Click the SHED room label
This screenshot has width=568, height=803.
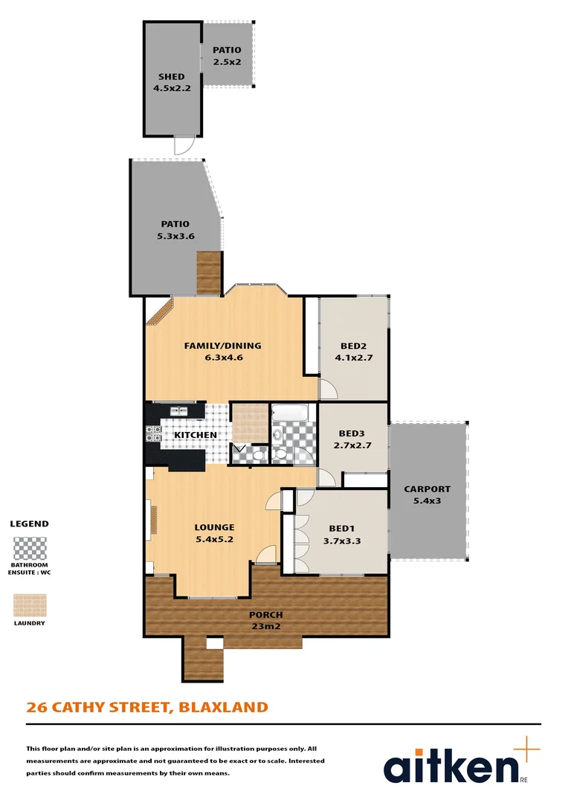(171, 77)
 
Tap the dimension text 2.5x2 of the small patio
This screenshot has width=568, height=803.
(227, 62)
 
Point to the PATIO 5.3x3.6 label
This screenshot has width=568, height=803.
(175, 224)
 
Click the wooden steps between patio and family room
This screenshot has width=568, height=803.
(208, 273)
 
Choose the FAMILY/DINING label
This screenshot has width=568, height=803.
(223, 346)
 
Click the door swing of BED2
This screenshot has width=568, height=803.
(327, 388)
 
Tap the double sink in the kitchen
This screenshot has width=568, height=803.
(179, 410)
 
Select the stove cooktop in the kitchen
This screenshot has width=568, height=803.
(153, 433)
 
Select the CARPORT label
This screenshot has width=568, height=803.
(427, 489)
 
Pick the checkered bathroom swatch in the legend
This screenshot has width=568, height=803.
(30, 549)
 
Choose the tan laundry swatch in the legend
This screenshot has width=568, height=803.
(30, 604)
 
